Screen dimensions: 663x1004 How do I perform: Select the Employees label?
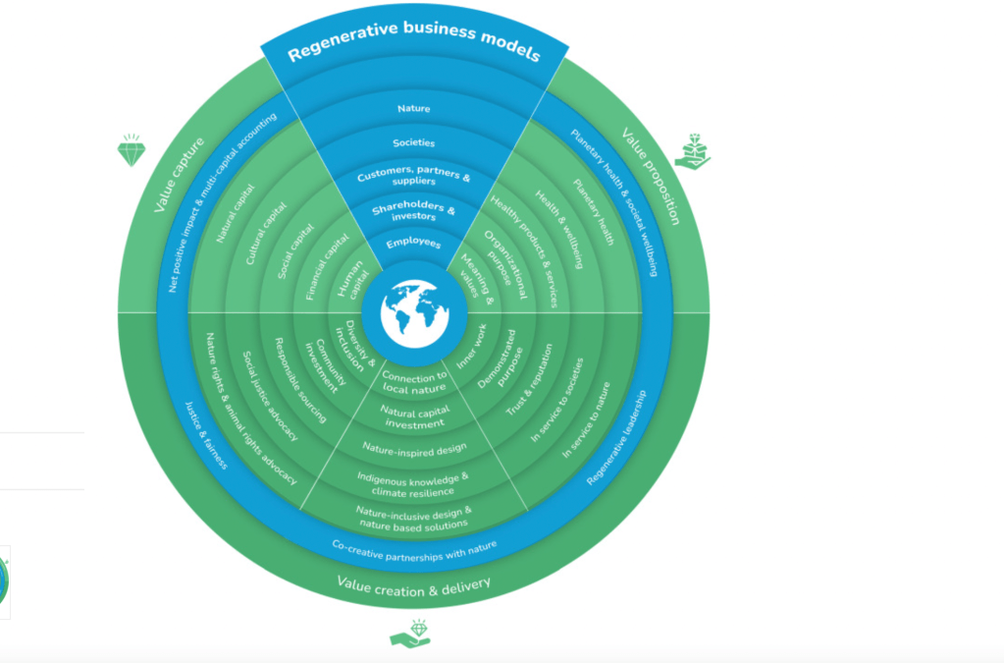pos(413,244)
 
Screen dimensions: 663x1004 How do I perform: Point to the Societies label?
pos(413,142)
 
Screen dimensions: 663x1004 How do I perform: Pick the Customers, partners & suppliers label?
pos(413,181)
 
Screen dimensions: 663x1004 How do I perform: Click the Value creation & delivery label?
pos(413,584)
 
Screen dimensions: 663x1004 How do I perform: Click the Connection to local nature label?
pos(413,382)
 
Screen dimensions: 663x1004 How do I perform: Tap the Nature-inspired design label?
pos(413,449)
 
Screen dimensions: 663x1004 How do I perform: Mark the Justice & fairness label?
pos(205,434)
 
